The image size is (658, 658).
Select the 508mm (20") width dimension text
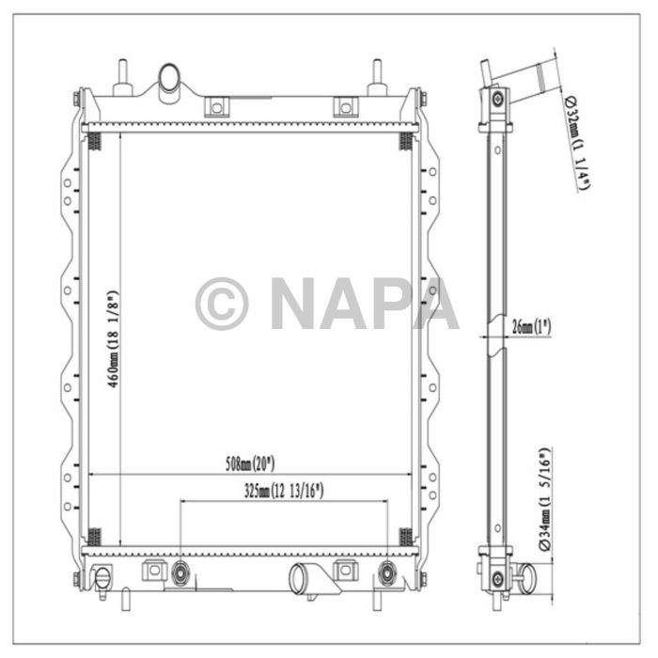coord(248,463)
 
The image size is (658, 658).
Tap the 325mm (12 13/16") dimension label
coord(283,490)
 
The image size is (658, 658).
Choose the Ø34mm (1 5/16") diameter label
coord(544,498)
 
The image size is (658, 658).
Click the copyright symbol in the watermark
coord(222,304)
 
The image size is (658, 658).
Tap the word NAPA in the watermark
coord(364,304)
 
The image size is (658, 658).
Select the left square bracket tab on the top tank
coord(216,104)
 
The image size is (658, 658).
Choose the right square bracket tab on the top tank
coord(342,104)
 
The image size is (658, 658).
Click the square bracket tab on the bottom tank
coord(152,571)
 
